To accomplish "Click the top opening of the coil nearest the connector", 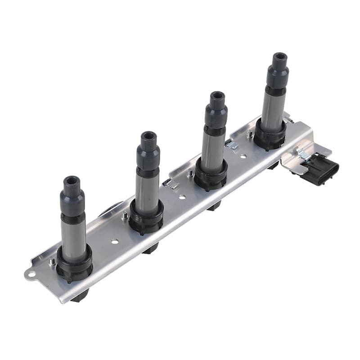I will point(279,57).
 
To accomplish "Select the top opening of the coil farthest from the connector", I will point(71,181).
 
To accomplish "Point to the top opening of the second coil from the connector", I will point(218,96).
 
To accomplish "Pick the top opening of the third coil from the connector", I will point(148,135).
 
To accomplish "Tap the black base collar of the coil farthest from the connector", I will point(74,268).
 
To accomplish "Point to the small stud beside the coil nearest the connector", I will point(249,134).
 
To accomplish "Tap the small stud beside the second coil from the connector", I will point(189,172).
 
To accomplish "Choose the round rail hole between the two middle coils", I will point(182,197).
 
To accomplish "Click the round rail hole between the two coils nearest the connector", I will point(243,157).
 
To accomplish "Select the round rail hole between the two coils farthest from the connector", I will point(115,241).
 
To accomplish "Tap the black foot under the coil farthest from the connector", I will point(80,295).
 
